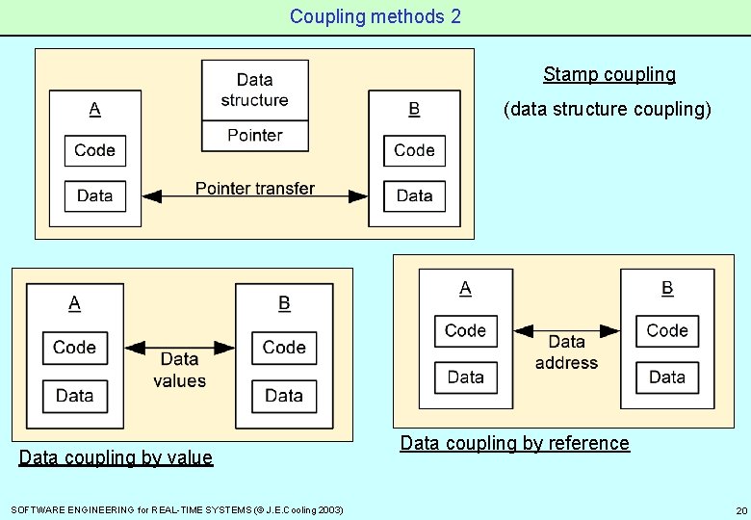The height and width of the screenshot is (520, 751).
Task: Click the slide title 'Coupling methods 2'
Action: (x=375, y=16)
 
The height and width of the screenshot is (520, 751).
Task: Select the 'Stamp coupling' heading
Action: (x=609, y=74)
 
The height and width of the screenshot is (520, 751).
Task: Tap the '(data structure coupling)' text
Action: (x=608, y=109)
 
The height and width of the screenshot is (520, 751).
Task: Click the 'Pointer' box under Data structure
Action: (x=255, y=136)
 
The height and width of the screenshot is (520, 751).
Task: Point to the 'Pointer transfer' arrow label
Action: (x=255, y=189)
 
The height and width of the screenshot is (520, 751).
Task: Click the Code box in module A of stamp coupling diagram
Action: (x=94, y=150)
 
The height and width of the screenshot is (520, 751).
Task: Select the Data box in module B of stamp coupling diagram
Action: (x=414, y=195)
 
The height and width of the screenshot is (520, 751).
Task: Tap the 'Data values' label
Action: (x=179, y=370)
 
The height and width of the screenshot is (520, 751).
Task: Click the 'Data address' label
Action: (x=566, y=352)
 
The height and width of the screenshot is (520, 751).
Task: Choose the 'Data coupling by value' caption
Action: (x=116, y=457)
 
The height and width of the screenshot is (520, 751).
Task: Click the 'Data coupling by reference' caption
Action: (x=514, y=443)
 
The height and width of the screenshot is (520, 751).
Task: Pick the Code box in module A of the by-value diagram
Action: (x=74, y=348)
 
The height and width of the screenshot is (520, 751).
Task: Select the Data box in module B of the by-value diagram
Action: (x=284, y=395)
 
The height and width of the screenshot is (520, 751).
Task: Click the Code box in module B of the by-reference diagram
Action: (x=667, y=330)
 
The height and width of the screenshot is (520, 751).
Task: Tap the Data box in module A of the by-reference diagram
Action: (x=466, y=377)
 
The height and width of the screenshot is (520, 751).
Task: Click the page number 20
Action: (x=740, y=509)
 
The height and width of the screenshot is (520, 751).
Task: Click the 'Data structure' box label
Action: (x=254, y=90)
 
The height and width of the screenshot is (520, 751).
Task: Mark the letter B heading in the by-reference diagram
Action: (x=667, y=288)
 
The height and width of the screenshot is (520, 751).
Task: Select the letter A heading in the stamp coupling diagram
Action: (x=94, y=109)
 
